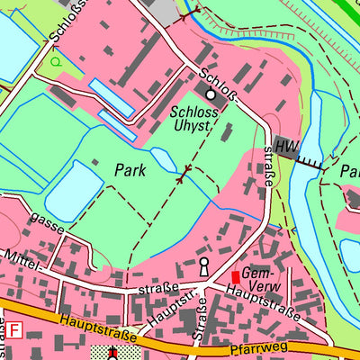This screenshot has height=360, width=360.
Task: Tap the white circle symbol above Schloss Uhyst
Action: [x=211, y=94]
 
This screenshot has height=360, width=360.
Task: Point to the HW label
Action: [x=286, y=147]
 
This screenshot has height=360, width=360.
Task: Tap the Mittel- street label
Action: [x=20, y=257]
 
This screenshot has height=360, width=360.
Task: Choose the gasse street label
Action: [x=47, y=219]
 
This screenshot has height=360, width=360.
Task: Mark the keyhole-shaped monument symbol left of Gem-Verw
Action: [x=204, y=267]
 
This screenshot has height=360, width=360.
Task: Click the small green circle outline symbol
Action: [x=57, y=62]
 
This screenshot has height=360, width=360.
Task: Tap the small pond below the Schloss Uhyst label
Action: [x=164, y=160]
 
